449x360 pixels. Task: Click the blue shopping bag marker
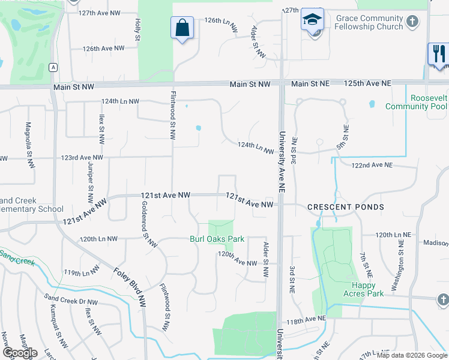[182, 28]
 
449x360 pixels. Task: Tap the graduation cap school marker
[312, 20]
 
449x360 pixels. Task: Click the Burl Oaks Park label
[217, 239]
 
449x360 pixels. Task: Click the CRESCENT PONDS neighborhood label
[345, 207]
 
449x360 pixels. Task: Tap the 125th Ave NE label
[367, 83]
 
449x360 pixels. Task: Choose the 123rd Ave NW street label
[82, 158]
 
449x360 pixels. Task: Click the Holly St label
[137, 29]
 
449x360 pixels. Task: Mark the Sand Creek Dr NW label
[71, 299]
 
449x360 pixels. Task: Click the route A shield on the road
[53, 67]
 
